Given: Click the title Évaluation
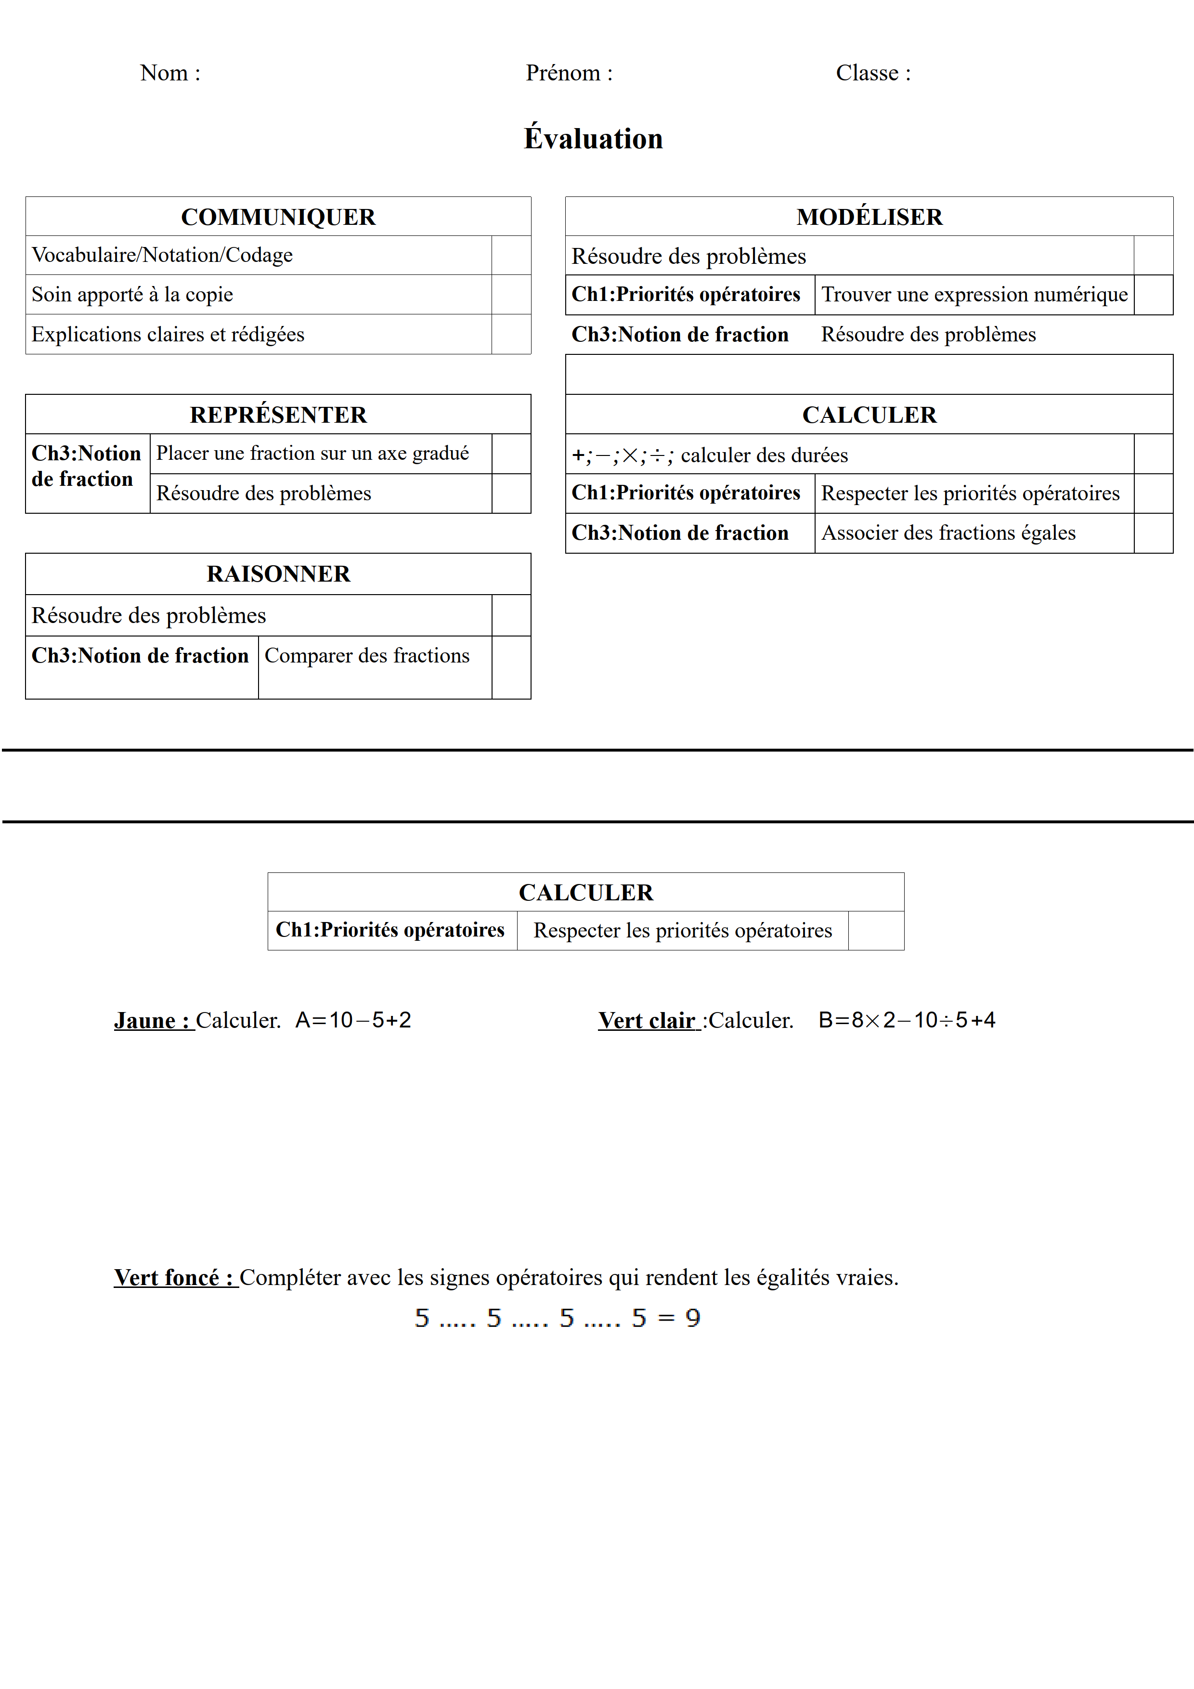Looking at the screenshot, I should [593, 138].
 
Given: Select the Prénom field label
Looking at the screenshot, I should [569, 73].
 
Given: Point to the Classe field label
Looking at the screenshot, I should [872, 73].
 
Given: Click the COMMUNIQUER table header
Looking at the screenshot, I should [278, 217].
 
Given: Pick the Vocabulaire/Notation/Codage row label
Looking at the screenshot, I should [162, 255].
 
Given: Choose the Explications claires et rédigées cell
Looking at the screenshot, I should [168, 335].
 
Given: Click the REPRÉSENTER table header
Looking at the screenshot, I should [278, 415].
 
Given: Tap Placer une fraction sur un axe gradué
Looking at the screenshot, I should [312, 453].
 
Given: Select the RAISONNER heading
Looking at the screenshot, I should [278, 574].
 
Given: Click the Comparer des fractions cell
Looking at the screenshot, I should [366, 655].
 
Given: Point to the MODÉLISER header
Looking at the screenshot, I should [869, 217].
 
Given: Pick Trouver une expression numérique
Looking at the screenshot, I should [974, 294].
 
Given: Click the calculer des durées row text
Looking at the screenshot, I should [764, 455].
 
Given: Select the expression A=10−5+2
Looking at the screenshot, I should [353, 1020].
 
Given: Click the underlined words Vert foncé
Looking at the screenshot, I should [175, 1278].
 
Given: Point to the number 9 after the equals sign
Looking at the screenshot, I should [692, 1318].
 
